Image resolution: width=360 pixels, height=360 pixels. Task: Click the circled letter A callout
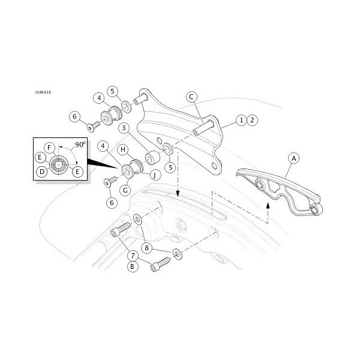293,158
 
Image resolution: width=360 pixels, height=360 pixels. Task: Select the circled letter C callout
191,97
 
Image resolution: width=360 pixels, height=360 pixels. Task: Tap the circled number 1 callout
241,120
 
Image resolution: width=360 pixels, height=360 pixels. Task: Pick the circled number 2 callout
253,120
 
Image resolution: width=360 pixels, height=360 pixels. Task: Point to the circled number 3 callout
124,128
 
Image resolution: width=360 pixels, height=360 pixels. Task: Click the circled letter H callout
123,149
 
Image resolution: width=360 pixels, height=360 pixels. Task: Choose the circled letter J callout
155,175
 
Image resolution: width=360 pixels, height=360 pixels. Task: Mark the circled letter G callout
125,190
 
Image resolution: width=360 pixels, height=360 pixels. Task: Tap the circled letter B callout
132,266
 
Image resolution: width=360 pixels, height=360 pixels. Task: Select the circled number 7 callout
133,256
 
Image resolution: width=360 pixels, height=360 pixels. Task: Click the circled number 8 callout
147,248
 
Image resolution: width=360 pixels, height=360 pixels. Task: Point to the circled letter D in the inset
42,172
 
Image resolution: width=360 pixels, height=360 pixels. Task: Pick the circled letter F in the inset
49,148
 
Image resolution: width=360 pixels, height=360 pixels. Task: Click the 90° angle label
80,145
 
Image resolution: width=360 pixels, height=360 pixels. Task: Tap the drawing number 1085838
43,92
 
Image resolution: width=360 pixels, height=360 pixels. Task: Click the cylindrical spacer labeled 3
152,157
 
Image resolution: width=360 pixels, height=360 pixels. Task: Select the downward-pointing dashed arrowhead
178,194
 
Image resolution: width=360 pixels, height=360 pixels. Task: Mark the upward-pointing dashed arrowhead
268,205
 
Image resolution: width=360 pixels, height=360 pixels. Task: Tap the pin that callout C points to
203,127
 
